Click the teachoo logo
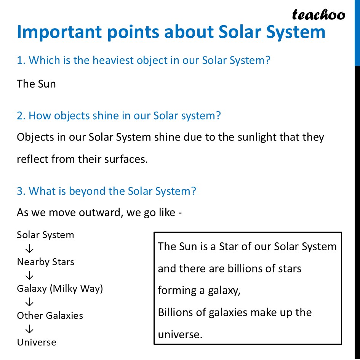(318, 14)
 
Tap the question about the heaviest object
(143, 60)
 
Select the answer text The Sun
(36, 84)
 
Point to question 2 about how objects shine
(118, 115)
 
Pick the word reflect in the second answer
(31, 159)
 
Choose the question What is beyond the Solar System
(106, 191)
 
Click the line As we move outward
(99, 212)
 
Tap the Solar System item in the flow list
(45, 235)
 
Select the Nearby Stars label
(45, 262)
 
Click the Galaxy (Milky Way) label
(60, 289)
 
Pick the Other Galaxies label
(50, 315)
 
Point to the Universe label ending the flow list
(37, 342)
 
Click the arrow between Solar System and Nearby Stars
(29, 249)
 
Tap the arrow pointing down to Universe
(29, 329)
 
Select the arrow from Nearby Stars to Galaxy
(29, 275)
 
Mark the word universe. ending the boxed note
(179, 334)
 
